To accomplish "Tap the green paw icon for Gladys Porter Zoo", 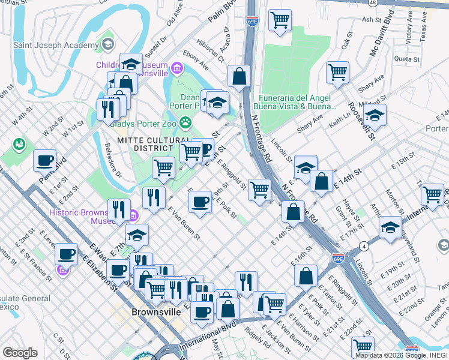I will tap(187, 122).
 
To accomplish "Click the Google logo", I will tap(20, 353).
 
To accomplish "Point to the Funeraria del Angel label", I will tap(297, 98).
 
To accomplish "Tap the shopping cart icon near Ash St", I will tap(280, 20).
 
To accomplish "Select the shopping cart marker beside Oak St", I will tap(337, 72).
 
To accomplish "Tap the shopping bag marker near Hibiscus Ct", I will tap(239, 76).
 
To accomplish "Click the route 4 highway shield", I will tap(364, 246).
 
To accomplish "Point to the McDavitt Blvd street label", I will tap(378, 36).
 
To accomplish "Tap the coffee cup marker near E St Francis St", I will tap(66, 253).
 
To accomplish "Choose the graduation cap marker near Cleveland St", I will tap(390, 227).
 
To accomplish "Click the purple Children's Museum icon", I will tap(177, 69).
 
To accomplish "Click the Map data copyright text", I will tap(399, 355).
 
